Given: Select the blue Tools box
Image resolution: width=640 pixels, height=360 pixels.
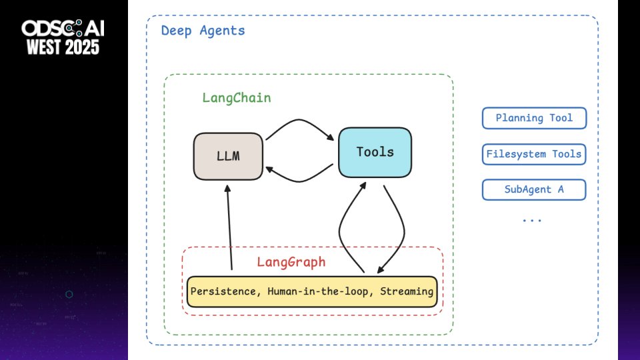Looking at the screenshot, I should tap(375, 152).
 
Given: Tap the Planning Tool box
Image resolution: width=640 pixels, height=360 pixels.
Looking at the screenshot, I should tap(534, 119).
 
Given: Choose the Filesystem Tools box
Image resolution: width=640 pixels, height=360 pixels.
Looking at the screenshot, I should tap(534, 155).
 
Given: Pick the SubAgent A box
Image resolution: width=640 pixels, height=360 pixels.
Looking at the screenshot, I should tap(534, 190).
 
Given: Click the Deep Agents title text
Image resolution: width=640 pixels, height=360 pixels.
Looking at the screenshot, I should tap(203, 31).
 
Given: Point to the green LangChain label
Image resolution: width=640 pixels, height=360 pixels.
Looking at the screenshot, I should tap(236, 98).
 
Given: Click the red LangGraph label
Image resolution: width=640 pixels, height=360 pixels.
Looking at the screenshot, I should tap(291, 262).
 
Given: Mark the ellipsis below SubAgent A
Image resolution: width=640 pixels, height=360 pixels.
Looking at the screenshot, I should tap(532, 219).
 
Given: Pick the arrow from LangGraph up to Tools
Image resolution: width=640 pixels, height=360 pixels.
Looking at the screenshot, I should tap(343, 227).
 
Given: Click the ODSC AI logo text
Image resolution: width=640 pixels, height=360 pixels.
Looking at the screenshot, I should tap(63, 28).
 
